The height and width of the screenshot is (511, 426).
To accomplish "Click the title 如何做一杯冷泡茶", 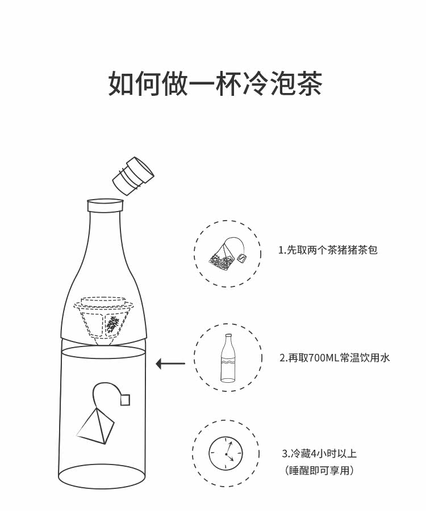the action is coord(215,83).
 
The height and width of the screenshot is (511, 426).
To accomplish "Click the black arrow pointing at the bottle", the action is coord(170,364).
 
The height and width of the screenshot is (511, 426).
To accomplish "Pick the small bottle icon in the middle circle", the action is coord(228,358).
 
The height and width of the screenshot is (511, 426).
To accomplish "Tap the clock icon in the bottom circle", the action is coord(225,453).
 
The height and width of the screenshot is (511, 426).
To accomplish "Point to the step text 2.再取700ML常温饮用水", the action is coord(335,358).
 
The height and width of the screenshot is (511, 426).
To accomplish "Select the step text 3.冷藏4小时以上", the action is coord(319,453).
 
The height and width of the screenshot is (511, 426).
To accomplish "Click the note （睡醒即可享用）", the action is coord(319,470).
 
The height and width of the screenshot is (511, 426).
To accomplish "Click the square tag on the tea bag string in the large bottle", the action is coord(125,400).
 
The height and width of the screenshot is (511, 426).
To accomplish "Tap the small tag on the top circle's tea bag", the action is coord(243,258).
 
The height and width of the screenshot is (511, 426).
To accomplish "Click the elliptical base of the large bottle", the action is coord(103,476).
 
